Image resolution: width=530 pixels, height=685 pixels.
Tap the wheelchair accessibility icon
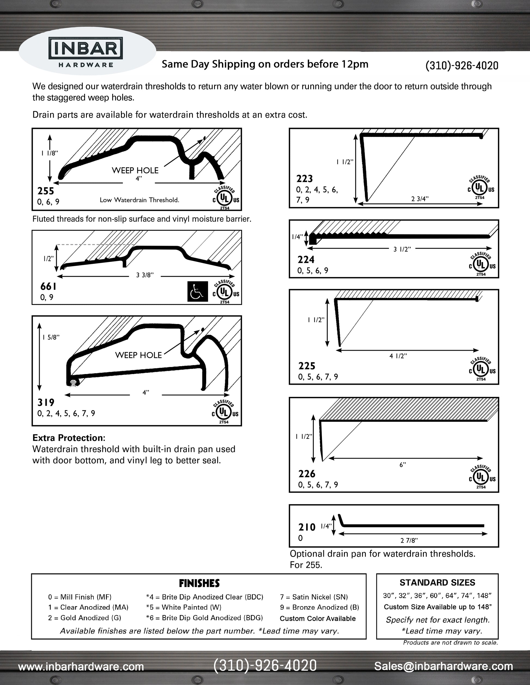tap(197, 291)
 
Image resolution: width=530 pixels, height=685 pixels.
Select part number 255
tap(45, 191)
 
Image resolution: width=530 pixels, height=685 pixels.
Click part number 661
tap(48, 286)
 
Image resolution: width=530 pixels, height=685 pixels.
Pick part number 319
tap(46, 402)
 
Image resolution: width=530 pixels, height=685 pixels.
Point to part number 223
tap(304, 179)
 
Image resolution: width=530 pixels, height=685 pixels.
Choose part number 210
tap(307, 527)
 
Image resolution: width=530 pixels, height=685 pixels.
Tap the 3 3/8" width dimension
tap(145, 275)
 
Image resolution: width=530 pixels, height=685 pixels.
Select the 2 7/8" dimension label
tap(409, 540)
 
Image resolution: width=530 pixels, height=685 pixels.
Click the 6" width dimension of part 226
tap(403, 465)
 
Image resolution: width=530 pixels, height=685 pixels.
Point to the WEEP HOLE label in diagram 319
tap(138, 355)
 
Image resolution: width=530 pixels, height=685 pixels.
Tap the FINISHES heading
tap(199, 583)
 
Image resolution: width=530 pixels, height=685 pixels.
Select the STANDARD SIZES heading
tap(437, 583)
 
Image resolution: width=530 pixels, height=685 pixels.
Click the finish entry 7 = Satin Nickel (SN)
tap(314, 597)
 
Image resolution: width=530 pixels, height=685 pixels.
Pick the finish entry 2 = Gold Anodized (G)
tap(84, 618)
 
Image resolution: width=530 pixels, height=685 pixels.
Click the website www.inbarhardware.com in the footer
tap(81, 666)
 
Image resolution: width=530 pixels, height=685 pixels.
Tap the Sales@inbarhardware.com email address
tap(443, 666)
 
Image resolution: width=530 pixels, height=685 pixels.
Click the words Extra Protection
tap(68, 438)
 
